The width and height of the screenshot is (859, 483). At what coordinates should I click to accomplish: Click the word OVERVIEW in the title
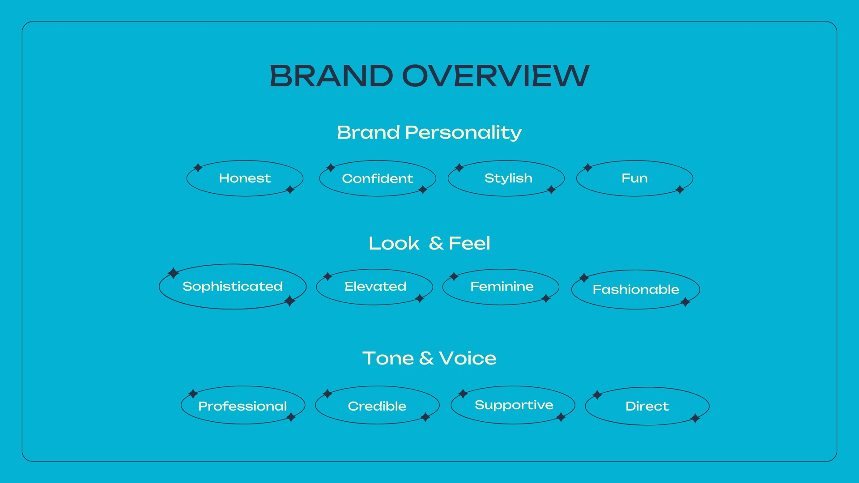(x=496, y=76)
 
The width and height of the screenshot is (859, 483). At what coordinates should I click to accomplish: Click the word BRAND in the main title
(x=332, y=76)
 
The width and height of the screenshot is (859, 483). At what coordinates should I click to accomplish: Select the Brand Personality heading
(x=429, y=133)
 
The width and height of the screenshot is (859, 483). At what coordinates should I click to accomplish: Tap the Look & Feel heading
(x=429, y=243)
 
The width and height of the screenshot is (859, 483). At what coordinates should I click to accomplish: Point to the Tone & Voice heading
(x=429, y=358)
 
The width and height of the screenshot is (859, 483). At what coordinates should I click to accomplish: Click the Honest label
(x=245, y=178)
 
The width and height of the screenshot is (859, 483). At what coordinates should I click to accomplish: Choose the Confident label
(x=378, y=178)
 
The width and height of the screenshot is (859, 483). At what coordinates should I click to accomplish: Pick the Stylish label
(x=508, y=178)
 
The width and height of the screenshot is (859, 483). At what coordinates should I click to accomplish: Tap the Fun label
(x=634, y=178)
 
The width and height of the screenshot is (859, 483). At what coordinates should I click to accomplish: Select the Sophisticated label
(x=233, y=286)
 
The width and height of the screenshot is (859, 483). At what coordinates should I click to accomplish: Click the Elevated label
(x=375, y=286)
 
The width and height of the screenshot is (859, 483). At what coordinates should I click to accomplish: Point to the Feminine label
(x=502, y=286)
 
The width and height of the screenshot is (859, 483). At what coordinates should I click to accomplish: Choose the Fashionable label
(x=636, y=289)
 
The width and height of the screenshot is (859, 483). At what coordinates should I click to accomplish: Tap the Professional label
(x=242, y=406)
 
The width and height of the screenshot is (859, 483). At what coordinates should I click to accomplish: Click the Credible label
(x=377, y=406)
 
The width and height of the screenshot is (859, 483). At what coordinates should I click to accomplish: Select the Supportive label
(x=514, y=405)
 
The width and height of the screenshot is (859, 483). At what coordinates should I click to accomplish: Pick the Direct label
(x=647, y=406)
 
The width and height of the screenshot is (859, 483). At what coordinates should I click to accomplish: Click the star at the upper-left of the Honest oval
(x=198, y=168)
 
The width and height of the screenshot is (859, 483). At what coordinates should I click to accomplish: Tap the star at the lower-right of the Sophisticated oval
(x=290, y=301)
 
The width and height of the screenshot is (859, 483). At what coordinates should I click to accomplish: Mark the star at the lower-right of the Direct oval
(x=695, y=418)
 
